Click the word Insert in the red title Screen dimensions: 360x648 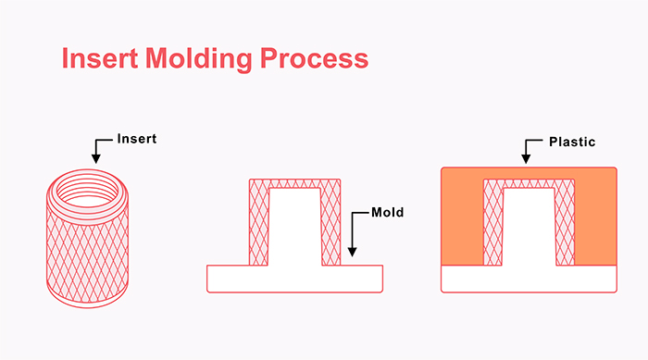pos(94,58)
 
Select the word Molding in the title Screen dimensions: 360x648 pos(193,58)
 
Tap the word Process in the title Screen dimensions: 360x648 pos(313,58)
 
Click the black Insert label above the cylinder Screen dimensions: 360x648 pos(138,140)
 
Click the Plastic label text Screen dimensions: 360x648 pos(571,143)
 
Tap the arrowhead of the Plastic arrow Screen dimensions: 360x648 pos(528,164)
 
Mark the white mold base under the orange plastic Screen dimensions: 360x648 pos(529,279)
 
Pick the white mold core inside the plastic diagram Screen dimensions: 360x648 pos(529,227)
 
